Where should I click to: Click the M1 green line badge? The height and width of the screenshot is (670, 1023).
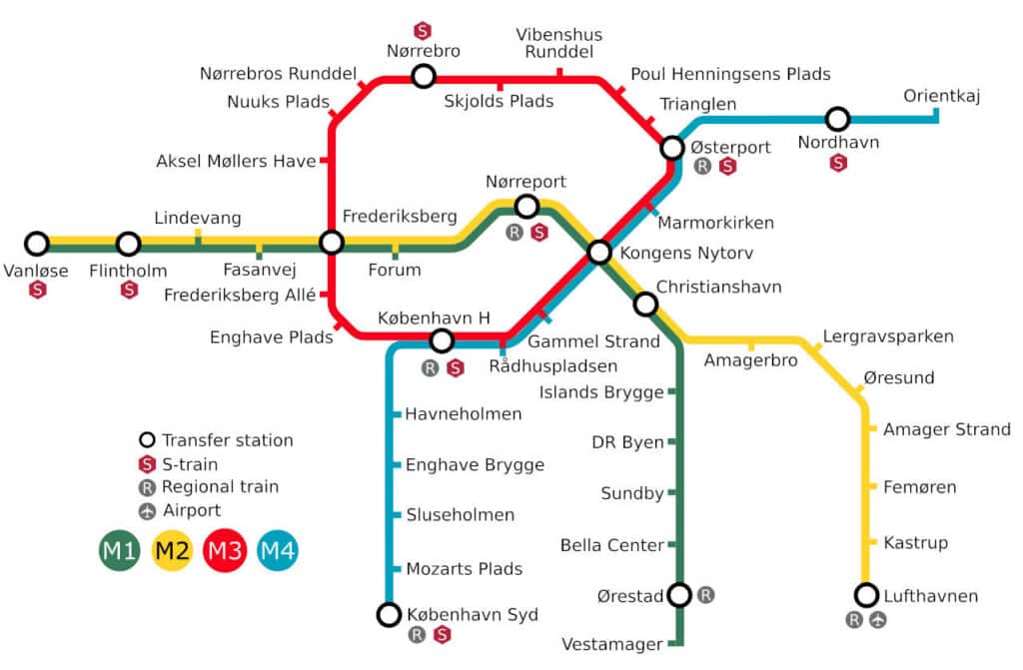pyautogui.click(x=120, y=550)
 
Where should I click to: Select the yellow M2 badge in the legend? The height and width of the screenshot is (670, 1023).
pyautogui.click(x=172, y=550)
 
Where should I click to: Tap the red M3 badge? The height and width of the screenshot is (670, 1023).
pyautogui.click(x=224, y=550)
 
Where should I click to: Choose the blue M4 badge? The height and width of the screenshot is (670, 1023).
pyautogui.click(x=277, y=550)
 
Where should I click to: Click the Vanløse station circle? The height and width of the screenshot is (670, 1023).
pyautogui.click(x=37, y=244)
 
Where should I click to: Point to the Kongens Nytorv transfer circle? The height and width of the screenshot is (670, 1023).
pyautogui.click(x=599, y=252)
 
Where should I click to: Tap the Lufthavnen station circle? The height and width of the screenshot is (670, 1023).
pyautogui.click(x=866, y=595)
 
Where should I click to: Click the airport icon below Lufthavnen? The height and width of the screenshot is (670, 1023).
pyautogui.click(x=878, y=620)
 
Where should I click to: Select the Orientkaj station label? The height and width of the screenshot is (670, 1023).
pyautogui.click(x=942, y=96)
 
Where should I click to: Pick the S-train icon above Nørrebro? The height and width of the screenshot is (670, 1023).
pyautogui.click(x=423, y=31)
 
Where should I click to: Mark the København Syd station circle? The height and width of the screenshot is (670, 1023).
pyautogui.click(x=389, y=614)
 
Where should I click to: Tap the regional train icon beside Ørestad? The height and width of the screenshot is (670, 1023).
pyautogui.click(x=706, y=595)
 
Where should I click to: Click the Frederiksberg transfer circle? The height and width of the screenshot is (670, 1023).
pyautogui.click(x=332, y=243)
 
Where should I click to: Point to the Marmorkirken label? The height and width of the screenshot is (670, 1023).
pyautogui.click(x=715, y=223)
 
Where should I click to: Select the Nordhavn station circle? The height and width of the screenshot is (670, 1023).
pyautogui.click(x=837, y=119)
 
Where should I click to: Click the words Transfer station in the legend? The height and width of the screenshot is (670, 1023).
pyautogui.click(x=227, y=440)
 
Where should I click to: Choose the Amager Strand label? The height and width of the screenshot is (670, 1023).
pyautogui.click(x=946, y=429)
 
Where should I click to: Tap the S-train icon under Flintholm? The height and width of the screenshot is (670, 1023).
pyautogui.click(x=129, y=290)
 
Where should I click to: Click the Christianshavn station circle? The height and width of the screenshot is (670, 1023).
pyautogui.click(x=645, y=304)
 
